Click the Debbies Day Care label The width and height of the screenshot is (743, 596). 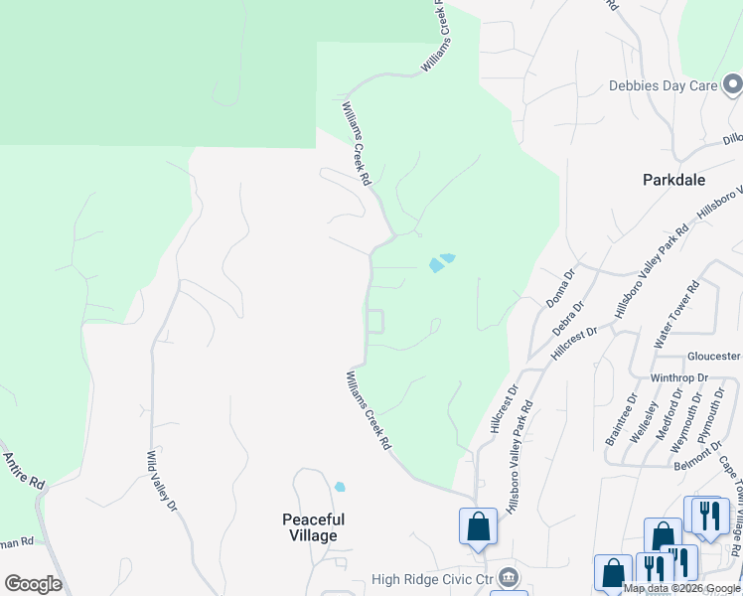point(663,85)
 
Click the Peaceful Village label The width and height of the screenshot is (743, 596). point(313,527)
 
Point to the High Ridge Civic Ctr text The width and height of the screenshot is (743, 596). point(432,579)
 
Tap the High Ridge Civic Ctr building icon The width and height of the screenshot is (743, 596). point(508,577)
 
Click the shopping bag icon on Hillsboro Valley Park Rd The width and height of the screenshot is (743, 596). point(478,525)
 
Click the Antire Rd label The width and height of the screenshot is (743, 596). point(24,470)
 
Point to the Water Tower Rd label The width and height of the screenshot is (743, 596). point(675,314)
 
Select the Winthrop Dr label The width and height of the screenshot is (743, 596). point(678,378)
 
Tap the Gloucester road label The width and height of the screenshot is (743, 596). point(713,356)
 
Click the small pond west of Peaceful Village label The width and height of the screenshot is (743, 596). point(340,487)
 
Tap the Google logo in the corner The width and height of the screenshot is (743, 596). point(33,584)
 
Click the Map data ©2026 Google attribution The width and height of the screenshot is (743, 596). point(682,588)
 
